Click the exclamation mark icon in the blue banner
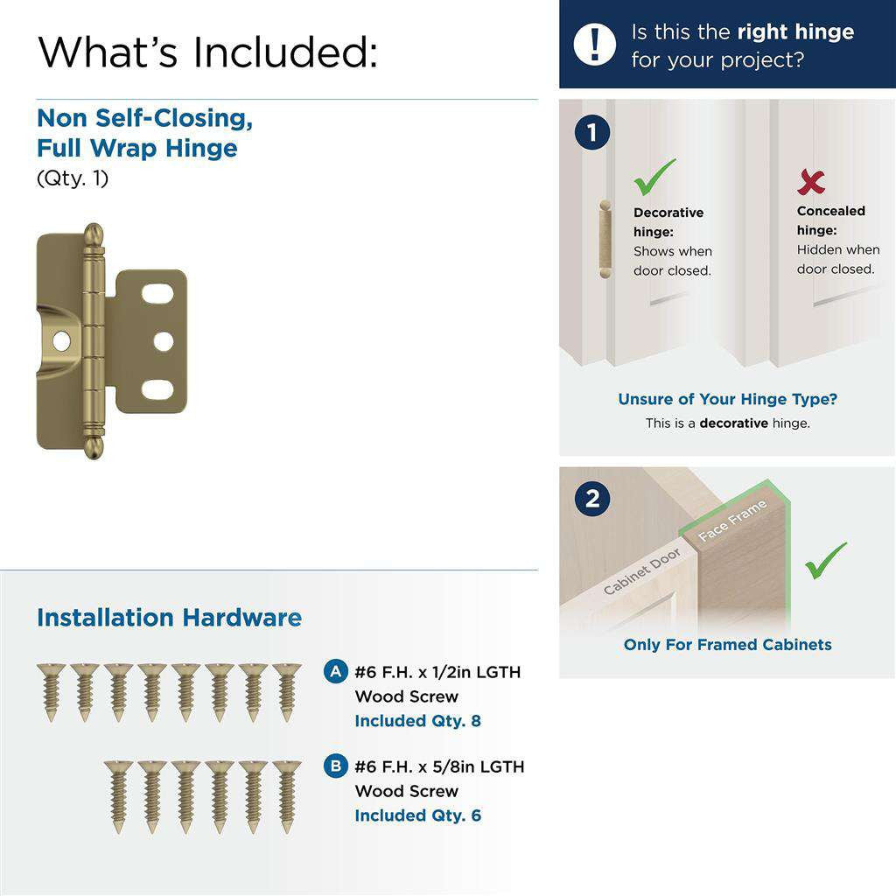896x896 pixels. point(595,44)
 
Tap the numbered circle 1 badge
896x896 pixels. point(592,133)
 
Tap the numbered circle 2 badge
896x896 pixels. point(592,499)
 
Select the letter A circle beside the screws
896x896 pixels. point(333,672)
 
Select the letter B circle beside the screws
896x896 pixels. point(333,766)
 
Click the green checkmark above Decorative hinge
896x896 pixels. point(654,177)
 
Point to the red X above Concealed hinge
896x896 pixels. point(811,182)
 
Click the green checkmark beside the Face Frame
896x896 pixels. point(826,561)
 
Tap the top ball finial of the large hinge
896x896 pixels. point(94,235)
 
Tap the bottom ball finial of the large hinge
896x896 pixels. point(94,446)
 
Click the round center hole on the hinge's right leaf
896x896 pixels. point(164,341)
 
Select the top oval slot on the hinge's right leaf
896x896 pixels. point(157,294)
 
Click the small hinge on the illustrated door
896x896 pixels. point(603,238)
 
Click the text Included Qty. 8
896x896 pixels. point(417,721)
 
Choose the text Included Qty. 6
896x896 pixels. point(417,815)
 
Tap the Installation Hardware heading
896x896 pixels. point(169,618)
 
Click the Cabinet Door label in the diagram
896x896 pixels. point(642,572)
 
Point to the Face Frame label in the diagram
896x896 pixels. point(732,521)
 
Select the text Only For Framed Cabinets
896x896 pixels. point(727,645)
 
